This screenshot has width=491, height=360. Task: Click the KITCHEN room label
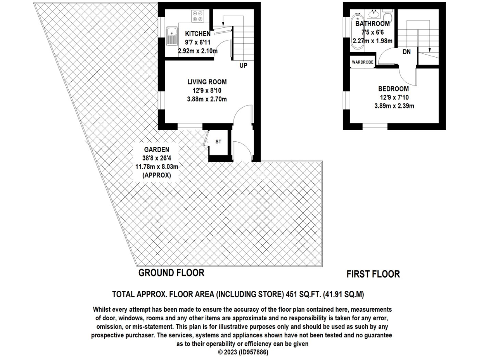(x=197, y=34)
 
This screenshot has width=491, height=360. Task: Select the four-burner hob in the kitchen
(x=197, y=16)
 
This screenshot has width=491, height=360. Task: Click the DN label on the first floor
(x=406, y=52)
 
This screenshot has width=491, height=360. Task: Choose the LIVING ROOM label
(x=207, y=82)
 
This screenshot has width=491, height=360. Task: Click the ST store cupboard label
(x=218, y=141)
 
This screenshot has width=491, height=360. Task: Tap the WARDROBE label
(x=362, y=62)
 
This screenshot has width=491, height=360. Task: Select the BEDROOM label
(x=393, y=89)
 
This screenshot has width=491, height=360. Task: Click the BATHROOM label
(x=373, y=24)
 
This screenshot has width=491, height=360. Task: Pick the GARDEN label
(x=156, y=149)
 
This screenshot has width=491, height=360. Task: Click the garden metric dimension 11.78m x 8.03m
(x=156, y=167)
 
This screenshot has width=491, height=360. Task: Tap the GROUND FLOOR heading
(x=171, y=272)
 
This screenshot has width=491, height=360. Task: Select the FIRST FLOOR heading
(x=373, y=274)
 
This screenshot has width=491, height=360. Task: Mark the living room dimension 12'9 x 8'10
(x=207, y=91)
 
